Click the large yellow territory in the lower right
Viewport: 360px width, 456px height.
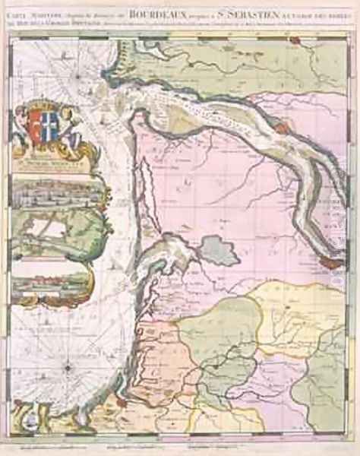[296, 304]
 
